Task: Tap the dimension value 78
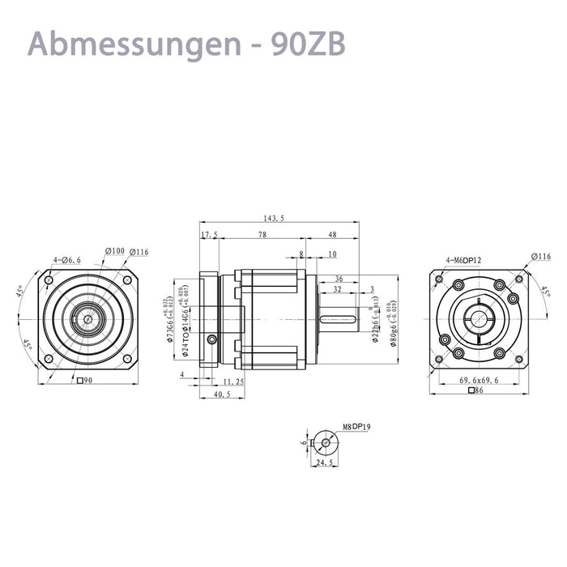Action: (262, 234)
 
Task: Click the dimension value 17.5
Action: (209, 234)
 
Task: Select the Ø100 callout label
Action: (114, 251)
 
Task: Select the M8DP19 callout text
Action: (356, 427)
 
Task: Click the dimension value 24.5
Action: (324, 463)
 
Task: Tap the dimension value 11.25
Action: (233, 382)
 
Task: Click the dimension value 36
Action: (338, 278)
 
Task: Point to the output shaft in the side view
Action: (339, 318)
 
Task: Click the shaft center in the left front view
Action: (87, 318)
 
